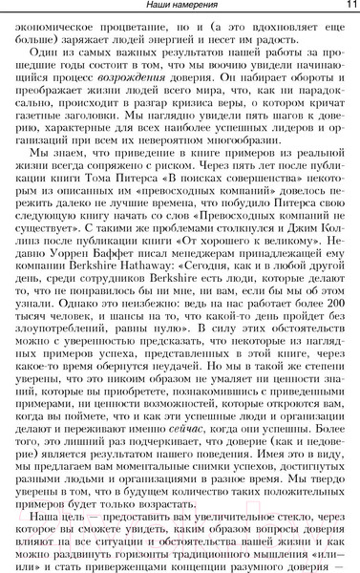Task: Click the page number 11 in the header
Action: [348, 7]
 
